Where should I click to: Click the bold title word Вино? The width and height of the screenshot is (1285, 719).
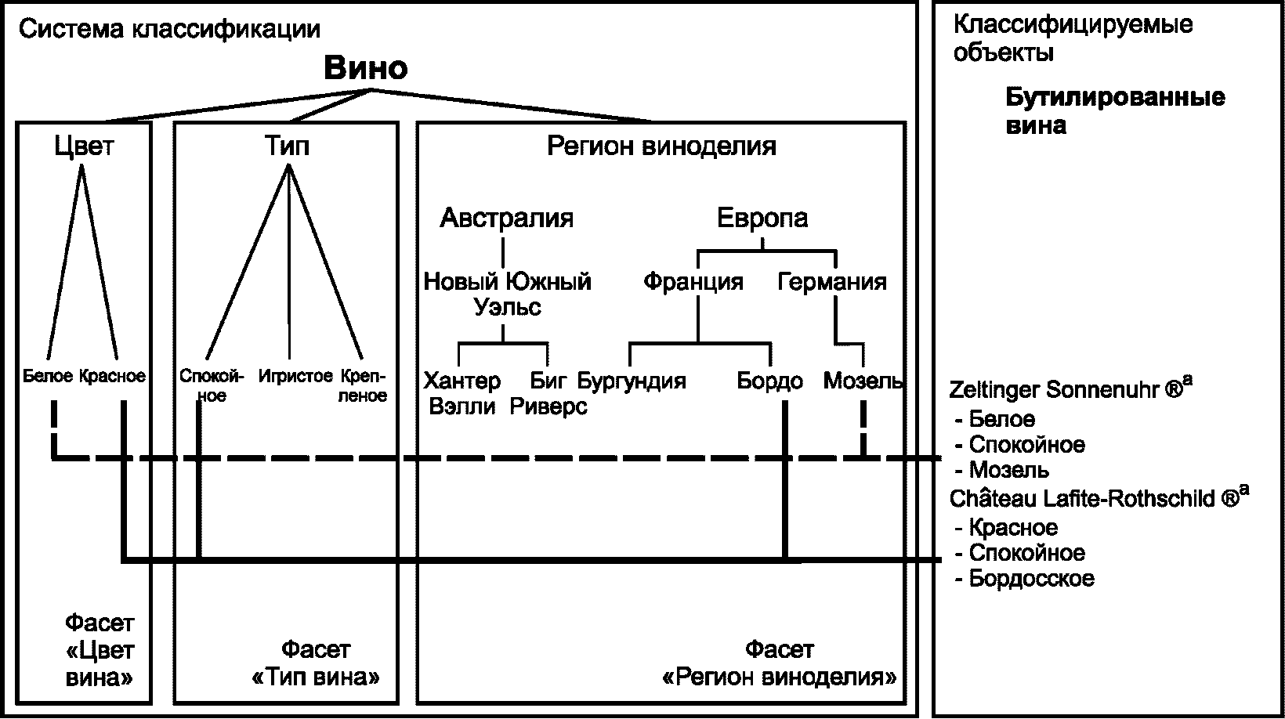tap(366, 69)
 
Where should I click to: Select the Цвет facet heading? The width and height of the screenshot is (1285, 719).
tap(84, 146)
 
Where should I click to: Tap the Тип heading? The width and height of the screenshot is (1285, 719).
tap(288, 146)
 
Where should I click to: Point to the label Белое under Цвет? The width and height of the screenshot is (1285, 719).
tap(49, 376)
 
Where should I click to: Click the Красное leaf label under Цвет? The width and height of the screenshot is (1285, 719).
tap(112, 376)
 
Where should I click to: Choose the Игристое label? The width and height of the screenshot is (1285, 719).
tap(295, 376)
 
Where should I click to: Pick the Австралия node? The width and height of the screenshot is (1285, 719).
tap(506, 218)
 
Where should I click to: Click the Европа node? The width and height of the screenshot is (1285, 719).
tap(762, 218)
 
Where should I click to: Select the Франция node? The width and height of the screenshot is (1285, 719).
tap(693, 281)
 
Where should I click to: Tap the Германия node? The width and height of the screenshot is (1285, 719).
tap(832, 281)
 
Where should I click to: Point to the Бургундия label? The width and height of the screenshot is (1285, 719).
tap(632, 381)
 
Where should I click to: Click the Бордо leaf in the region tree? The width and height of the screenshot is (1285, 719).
tap(769, 381)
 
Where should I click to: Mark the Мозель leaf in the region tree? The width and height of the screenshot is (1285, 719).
tap(863, 381)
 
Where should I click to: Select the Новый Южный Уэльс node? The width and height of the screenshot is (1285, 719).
tap(507, 294)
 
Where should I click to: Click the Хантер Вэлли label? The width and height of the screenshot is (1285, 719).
tap(462, 394)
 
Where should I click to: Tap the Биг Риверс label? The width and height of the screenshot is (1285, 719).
tap(548, 394)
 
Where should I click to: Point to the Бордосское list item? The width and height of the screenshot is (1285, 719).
tap(1031, 579)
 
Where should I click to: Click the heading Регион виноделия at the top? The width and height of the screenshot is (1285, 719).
tap(661, 146)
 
